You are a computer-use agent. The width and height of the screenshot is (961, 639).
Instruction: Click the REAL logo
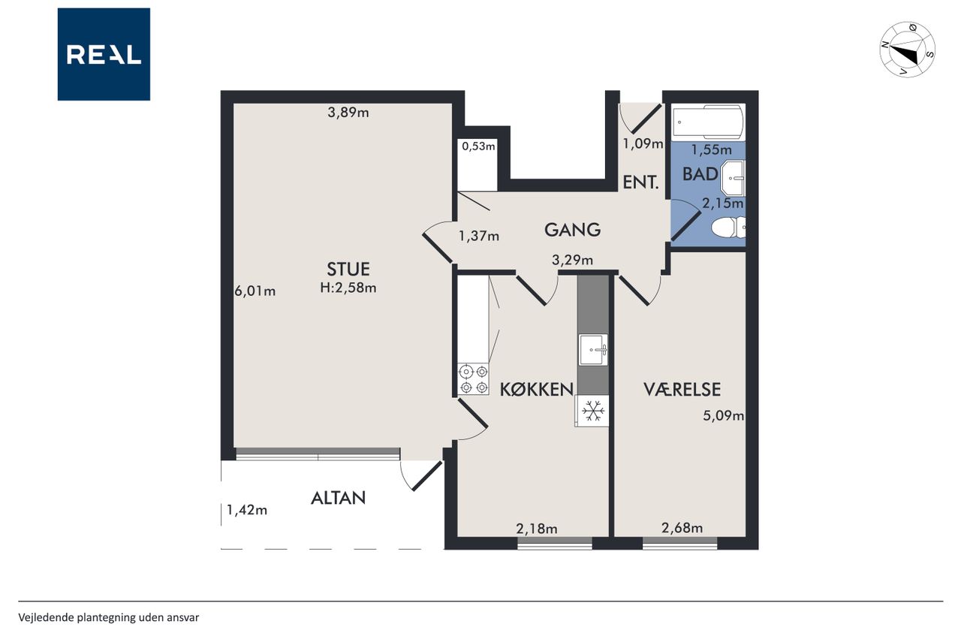(x=104, y=54)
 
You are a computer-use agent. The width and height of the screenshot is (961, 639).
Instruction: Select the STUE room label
(x=348, y=269)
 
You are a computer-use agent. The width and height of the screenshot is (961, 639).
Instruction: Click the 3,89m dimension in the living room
(x=348, y=113)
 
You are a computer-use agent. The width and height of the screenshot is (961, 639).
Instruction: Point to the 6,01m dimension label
(x=255, y=291)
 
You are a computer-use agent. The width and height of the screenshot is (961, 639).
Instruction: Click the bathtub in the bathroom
(x=708, y=122)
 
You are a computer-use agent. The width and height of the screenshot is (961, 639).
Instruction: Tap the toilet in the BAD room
(x=728, y=228)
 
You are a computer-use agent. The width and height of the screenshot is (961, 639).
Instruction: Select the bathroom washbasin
(x=733, y=178)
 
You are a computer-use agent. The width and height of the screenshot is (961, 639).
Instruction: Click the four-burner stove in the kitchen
(x=473, y=379)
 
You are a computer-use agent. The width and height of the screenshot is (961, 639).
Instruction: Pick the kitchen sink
(x=593, y=350)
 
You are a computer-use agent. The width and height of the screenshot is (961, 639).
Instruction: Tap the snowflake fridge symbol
(x=592, y=411)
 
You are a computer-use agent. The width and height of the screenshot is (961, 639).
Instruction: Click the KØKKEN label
(x=537, y=389)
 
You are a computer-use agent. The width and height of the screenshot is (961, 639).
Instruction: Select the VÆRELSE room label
(x=682, y=389)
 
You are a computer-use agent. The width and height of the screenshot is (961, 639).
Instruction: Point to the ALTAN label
(x=338, y=498)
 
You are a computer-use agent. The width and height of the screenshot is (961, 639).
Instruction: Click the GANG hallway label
(x=572, y=230)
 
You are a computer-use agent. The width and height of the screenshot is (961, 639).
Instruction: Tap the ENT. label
(x=640, y=182)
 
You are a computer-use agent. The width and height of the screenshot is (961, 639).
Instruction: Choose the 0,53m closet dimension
(x=478, y=146)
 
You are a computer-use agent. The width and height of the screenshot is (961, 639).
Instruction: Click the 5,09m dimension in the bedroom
(x=723, y=415)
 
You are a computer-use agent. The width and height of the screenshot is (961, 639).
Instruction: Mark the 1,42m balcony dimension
(x=247, y=510)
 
